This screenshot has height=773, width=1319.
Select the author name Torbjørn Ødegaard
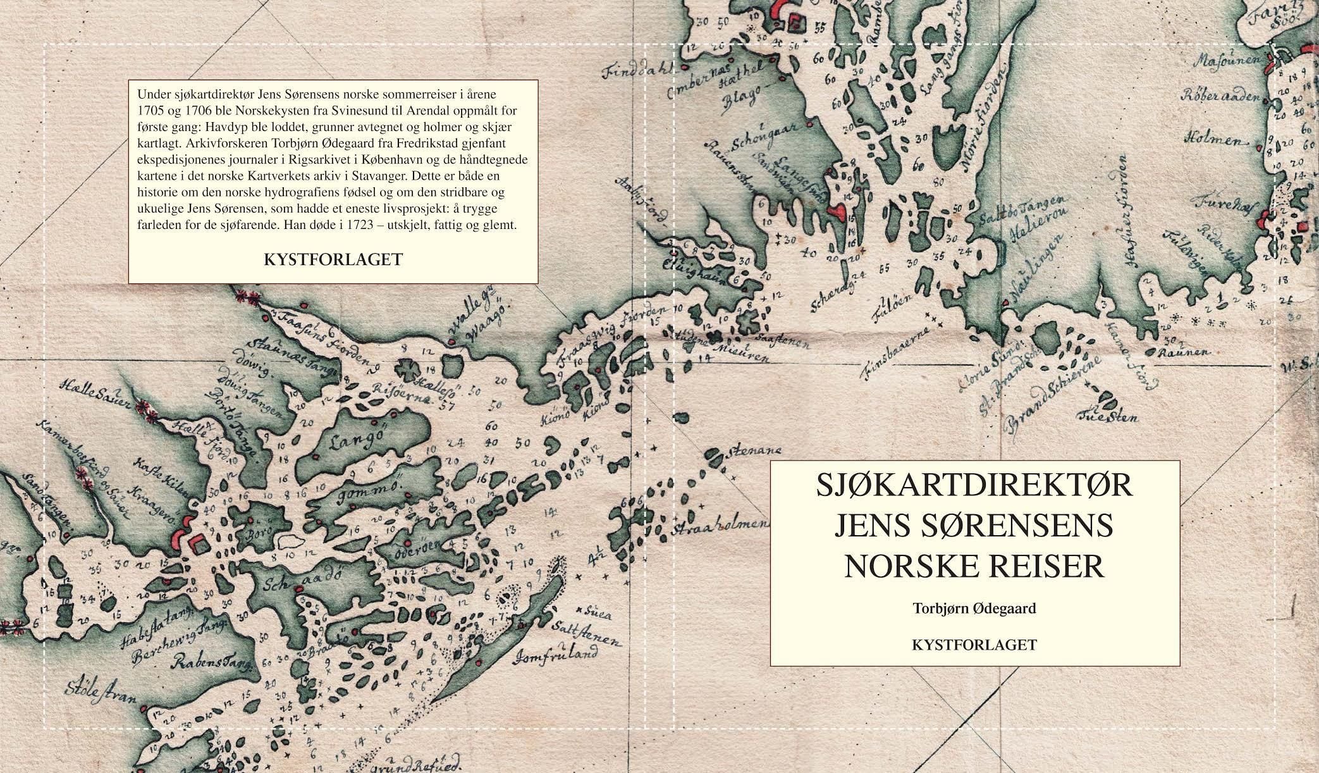coord(974,609)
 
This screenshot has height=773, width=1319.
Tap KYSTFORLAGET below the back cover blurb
coord(333,259)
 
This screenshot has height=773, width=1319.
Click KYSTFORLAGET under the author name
coord(974,645)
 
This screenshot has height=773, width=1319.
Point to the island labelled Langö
coord(352,441)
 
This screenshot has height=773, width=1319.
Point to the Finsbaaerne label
coord(898,353)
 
